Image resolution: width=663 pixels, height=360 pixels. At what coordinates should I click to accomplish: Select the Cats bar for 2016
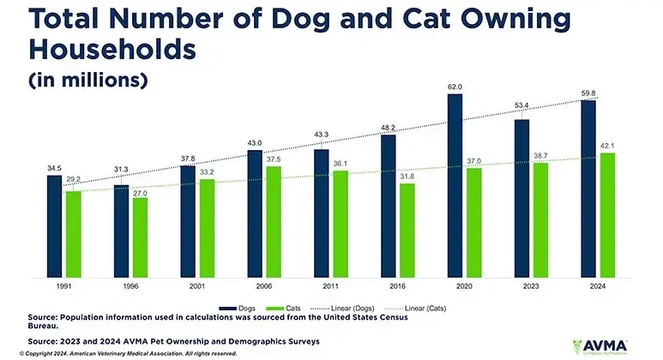[x=407, y=230]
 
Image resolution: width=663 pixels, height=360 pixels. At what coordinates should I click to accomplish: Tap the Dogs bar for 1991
[x=55, y=225]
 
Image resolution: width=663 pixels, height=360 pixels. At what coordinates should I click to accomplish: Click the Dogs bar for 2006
[x=255, y=213]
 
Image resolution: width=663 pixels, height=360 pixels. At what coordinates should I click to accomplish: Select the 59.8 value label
[x=588, y=93]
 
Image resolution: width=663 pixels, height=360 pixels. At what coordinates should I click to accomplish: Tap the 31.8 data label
[x=407, y=178]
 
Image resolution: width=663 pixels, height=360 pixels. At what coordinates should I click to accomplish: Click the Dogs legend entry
[x=239, y=306]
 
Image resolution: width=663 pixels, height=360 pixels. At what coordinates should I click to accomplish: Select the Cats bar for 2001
[x=206, y=228]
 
